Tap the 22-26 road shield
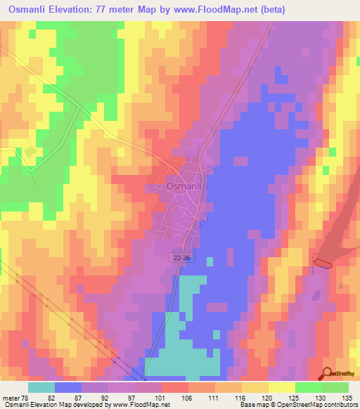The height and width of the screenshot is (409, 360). (181, 259)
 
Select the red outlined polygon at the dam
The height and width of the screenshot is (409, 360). (322, 263)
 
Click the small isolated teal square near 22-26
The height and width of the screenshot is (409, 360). (210, 261)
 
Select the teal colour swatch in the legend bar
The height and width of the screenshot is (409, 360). (41, 387)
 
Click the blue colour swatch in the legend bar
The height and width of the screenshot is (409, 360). (68, 387)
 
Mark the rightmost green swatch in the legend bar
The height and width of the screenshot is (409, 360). (335, 387)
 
